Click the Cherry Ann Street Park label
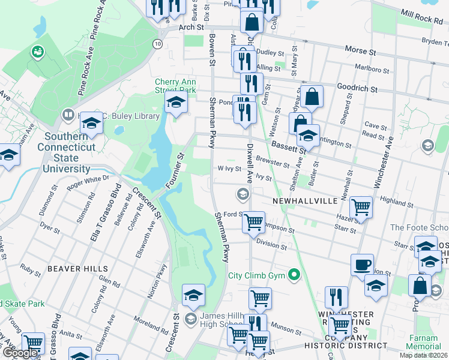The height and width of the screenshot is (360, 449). pyautogui.click(x=175, y=86)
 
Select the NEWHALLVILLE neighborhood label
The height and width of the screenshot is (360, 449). pyautogui.click(x=305, y=201)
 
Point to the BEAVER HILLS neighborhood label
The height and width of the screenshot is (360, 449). pyautogui.click(x=78, y=269)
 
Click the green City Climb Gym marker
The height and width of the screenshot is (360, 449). pyautogui.click(x=294, y=276)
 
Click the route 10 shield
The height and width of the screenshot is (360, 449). pyautogui.click(x=157, y=44)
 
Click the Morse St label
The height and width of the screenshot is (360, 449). pyautogui.click(x=359, y=52)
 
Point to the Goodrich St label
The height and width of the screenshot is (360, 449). pyautogui.click(x=356, y=88)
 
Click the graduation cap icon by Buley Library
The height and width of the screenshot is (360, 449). pyautogui.click(x=91, y=123)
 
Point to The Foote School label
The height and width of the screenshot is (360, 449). pyautogui.click(x=419, y=227)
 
